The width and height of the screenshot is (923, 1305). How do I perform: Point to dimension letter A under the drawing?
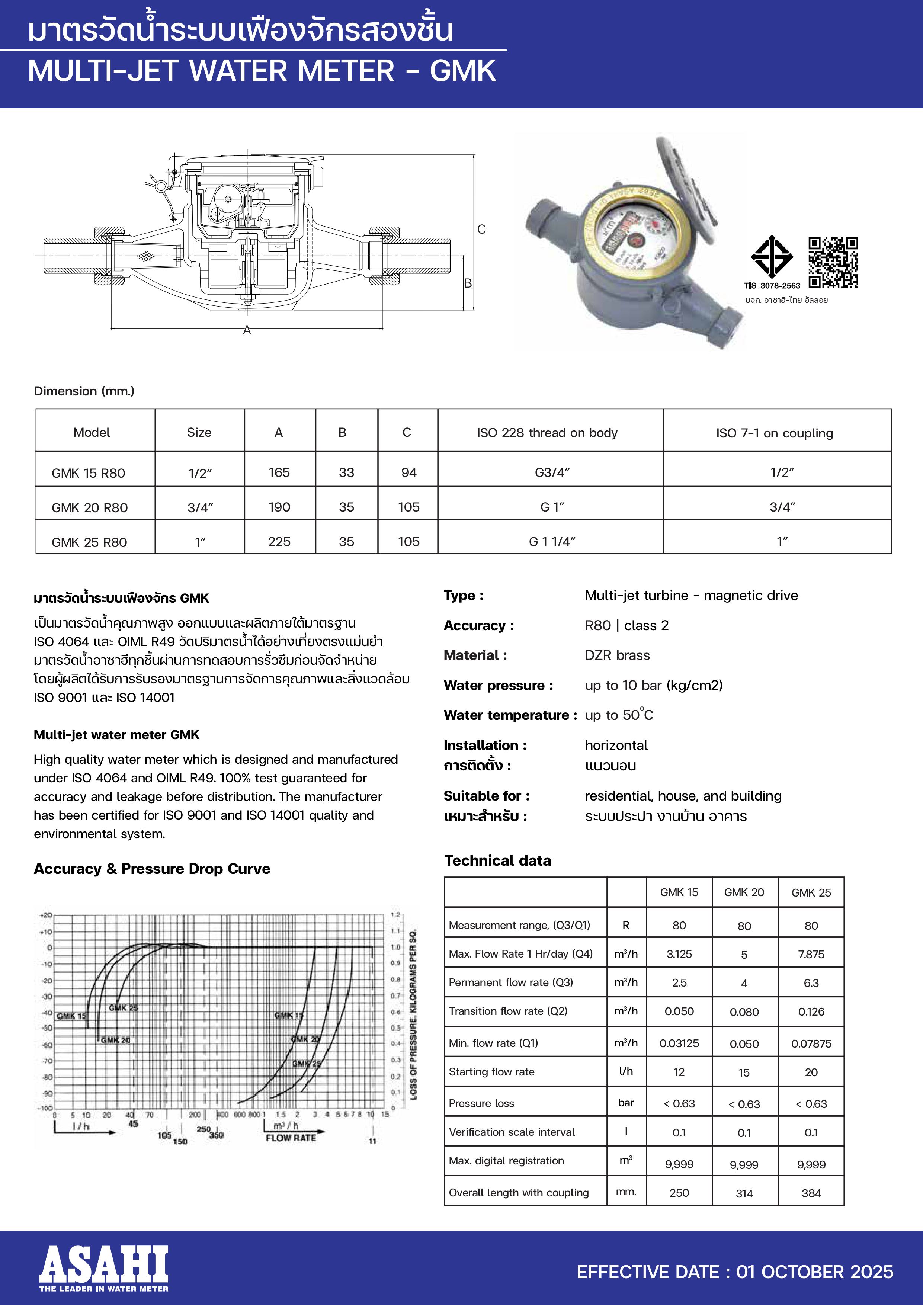(x=247, y=330)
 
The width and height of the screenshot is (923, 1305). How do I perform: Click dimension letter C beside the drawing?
(x=481, y=229)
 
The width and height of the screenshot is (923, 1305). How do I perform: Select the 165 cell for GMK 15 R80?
(x=279, y=472)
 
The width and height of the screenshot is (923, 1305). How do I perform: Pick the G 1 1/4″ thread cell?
(x=552, y=542)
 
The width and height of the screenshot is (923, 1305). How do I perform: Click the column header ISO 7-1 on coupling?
(x=774, y=433)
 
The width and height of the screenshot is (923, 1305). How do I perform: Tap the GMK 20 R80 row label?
(x=90, y=507)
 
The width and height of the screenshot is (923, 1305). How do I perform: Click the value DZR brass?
(x=617, y=655)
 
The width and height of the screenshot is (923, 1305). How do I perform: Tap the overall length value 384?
(x=811, y=1193)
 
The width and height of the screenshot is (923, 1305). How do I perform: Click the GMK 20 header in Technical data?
(x=744, y=892)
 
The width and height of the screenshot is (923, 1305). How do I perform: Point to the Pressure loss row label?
(x=481, y=1103)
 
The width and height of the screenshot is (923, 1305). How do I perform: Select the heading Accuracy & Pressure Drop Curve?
(x=152, y=869)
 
